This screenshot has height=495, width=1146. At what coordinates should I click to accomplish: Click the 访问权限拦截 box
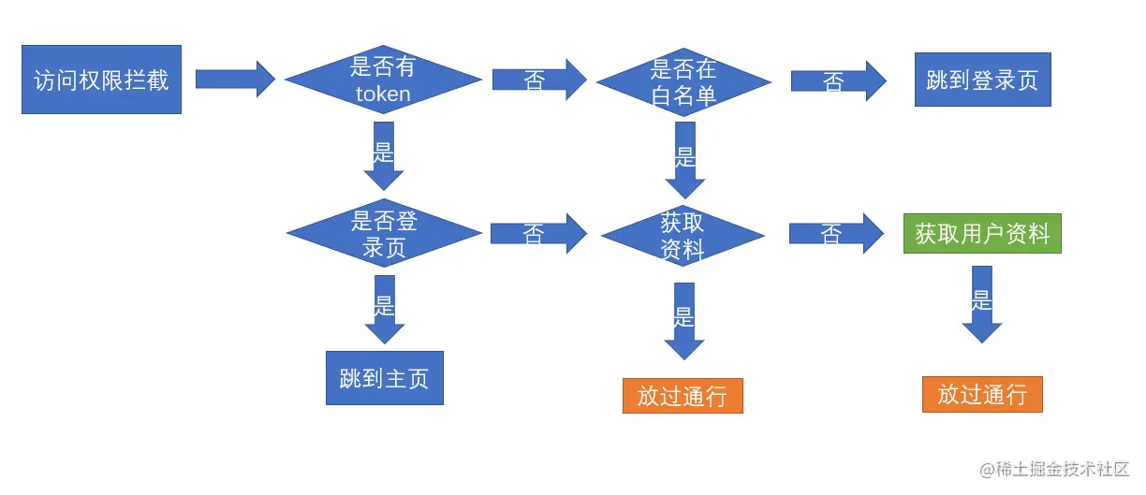tap(101, 80)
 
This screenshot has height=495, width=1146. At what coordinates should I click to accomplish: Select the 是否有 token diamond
tap(383, 80)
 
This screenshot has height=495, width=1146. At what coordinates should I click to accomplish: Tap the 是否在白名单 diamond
tap(683, 81)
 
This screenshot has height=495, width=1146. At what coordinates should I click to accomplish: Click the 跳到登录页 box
tap(982, 80)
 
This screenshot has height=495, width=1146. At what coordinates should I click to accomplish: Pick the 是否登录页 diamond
tap(384, 233)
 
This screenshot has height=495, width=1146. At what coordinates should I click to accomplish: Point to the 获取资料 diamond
tap(683, 235)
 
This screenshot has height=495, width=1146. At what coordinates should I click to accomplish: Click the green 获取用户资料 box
tap(982, 233)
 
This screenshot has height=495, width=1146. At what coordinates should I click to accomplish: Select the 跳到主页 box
tap(384, 378)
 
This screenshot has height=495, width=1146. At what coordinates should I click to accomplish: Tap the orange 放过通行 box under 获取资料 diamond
tap(683, 395)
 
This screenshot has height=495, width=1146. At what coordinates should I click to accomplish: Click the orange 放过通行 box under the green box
tap(982, 394)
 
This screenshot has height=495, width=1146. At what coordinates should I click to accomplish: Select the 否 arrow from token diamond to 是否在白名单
tap(538, 80)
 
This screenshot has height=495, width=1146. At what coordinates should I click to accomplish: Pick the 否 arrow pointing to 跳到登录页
tap(837, 80)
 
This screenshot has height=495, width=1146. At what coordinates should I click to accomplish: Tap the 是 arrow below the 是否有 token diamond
tap(384, 155)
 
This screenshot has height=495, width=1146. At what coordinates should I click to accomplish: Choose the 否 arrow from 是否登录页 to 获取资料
tap(537, 234)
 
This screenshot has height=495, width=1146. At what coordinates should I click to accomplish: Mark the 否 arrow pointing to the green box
tap(835, 234)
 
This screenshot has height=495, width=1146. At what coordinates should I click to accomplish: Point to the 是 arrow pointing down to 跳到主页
tap(384, 309)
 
